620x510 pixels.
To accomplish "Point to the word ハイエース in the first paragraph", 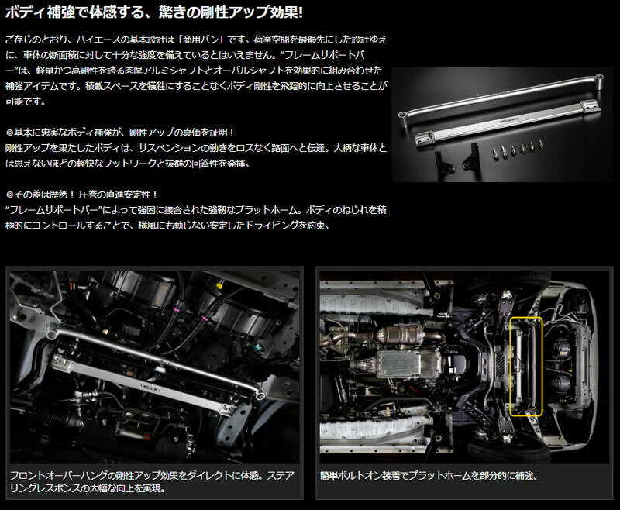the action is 100,40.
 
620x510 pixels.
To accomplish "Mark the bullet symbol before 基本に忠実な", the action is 9,133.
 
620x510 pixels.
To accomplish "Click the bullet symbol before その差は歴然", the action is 9,195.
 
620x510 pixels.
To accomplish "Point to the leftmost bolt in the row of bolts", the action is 494,151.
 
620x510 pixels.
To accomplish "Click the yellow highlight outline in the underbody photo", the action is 510,367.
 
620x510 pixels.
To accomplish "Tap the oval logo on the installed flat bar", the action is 150,386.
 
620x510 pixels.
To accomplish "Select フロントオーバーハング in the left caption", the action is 58,475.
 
